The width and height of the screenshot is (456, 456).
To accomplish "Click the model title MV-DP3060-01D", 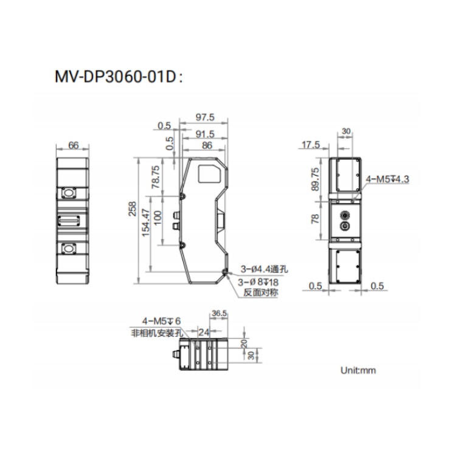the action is tap(116, 77).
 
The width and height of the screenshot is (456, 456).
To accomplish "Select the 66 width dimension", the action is tap(74, 145).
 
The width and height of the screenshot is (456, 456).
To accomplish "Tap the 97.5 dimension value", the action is tap(205, 117).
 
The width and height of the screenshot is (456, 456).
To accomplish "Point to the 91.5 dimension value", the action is tap(205, 134).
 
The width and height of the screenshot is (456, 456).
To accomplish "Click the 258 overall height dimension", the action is tap(133, 209).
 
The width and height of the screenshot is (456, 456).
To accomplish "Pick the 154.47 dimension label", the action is tap(146, 223).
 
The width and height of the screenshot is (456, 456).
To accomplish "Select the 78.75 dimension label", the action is tap(156, 177).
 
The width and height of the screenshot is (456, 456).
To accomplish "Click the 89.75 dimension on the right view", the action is tap(315, 179).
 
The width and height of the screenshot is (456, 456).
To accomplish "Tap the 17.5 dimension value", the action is tap(311, 145).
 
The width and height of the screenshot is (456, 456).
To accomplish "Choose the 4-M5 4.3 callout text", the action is tap(387, 179).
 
